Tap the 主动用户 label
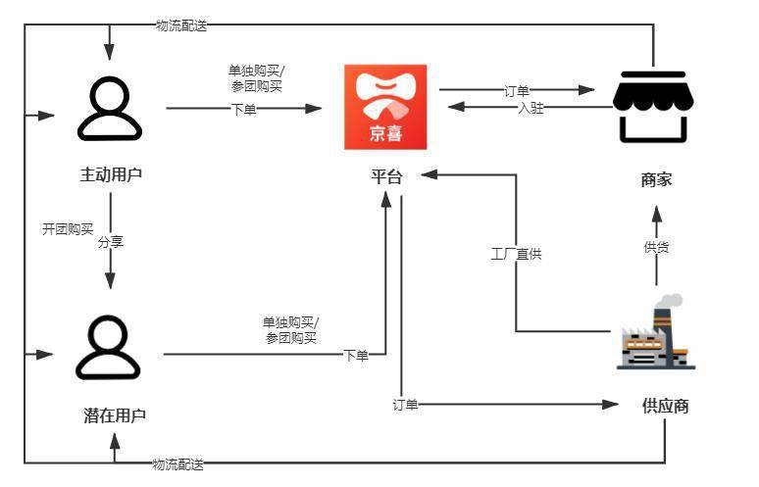pyautogui.click(x=111, y=175)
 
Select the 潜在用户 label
pyautogui.click(x=115, y=414)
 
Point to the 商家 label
pyautogui.click(x=656, y=179)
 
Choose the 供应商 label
pyautogui.click(x=665, y=406)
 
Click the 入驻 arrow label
pyautogui.click(x=531, y=108)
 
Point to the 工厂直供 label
pyautogui.click(x=516, y=254)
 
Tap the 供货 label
pyautogui.click(x=656, y=247)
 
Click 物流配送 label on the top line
pyautogui.click(x=181, y=24)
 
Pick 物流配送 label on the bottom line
pyautogui.click(x=177, y=463)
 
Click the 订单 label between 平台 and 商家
pyautogui.click(x=517, y=90)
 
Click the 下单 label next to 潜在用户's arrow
pyautogui.click(x=356, y=355)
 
